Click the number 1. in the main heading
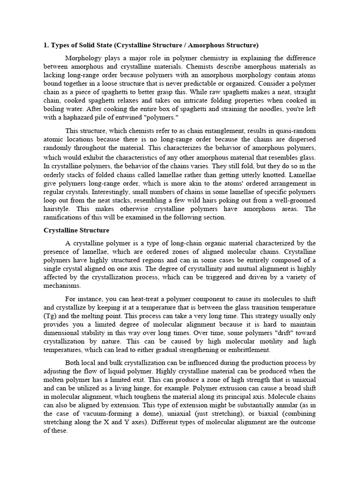(x=46, y=45)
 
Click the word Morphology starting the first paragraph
(x=82, y=58)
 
